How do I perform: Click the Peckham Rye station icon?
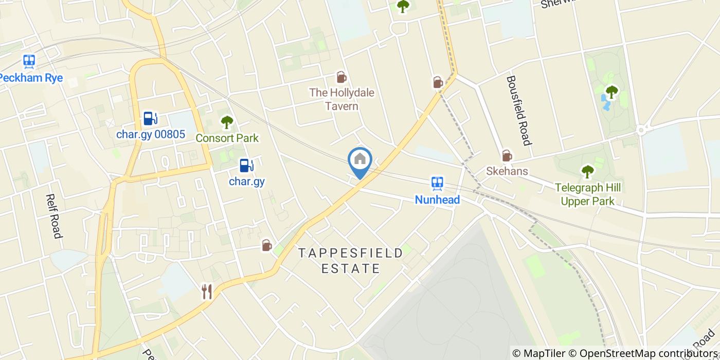(x=29, y=62)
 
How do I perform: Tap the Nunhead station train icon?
(x=437, y=183)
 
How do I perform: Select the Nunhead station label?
(x=437, y=199)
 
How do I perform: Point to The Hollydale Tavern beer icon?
(x=341, y=78)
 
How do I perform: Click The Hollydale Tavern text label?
(x=341, y=99)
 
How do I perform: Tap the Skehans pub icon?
(x=507, y=155)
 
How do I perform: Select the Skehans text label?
(x=507, y=171)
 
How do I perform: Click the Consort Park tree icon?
(x=227, y=122)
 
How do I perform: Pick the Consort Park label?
(x=227, y=138)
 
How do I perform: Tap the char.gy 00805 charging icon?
(x=150, y=118)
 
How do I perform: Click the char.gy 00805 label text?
(x=150, y=135)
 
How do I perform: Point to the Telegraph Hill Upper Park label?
(x=587, y=194)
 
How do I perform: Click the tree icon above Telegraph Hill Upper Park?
(x=587, y=172)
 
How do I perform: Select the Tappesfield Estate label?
(x=351, y=260)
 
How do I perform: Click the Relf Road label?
(x=54, y=216)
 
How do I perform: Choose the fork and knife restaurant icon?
(x=207, y=292)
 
